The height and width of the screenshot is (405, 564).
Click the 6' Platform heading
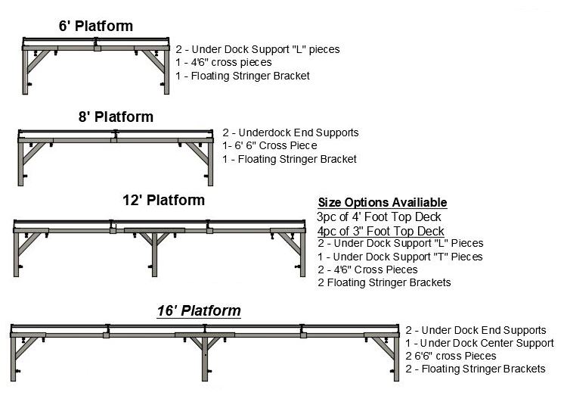[x=95, y=26]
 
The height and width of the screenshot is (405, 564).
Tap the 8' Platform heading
[x=115, y=117]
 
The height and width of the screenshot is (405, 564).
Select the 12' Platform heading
[x=163, y=201]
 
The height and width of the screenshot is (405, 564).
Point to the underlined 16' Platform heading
[x=199, y=311]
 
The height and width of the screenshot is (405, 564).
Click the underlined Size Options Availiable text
[x=382, y=203]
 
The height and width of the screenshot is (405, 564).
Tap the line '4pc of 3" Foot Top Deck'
[x=380, y=230]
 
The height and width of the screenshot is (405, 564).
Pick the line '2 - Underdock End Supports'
[x=291, y=132]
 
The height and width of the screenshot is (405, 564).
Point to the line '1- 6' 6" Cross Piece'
[x=270, y=146]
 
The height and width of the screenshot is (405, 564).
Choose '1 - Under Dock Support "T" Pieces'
[x=400, y=257]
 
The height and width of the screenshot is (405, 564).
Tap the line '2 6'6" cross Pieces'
[x=451, y=356]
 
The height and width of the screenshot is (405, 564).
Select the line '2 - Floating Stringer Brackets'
[x=476, y=369]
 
